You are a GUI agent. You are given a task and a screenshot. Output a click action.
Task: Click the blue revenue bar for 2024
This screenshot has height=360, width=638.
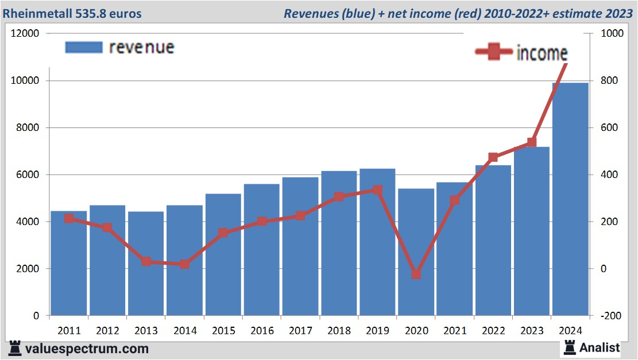click(570, 201)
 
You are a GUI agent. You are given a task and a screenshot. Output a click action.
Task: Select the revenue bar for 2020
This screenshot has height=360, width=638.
click(416, 253)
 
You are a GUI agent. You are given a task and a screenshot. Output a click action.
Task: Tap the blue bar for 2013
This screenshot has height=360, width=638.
click(146, 264)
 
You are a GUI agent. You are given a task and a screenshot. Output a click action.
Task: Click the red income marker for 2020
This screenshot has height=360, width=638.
click(416, 274)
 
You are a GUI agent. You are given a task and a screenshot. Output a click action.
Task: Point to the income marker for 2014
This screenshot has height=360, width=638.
click(184, 264)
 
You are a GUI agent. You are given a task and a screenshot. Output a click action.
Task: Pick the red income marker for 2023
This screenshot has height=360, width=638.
click(532, 142)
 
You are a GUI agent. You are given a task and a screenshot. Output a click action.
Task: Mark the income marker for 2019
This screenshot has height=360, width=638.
click(377, 189)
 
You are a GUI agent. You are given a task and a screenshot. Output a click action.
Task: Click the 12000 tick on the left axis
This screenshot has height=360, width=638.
click(25, 33)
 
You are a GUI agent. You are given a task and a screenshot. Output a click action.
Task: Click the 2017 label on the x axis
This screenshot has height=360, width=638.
click(300, 331)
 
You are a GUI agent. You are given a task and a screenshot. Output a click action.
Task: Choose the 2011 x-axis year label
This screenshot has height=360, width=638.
click(69, 331)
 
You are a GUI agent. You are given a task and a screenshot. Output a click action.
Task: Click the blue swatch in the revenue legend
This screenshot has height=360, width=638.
click(84, 47)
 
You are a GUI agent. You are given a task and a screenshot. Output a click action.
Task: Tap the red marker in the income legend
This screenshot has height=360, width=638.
click(494, 52)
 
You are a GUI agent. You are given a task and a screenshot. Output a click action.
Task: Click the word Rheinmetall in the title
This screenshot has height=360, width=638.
click(37, 13)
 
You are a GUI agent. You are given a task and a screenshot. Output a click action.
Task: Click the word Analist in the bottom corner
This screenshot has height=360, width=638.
click(600, 347)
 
